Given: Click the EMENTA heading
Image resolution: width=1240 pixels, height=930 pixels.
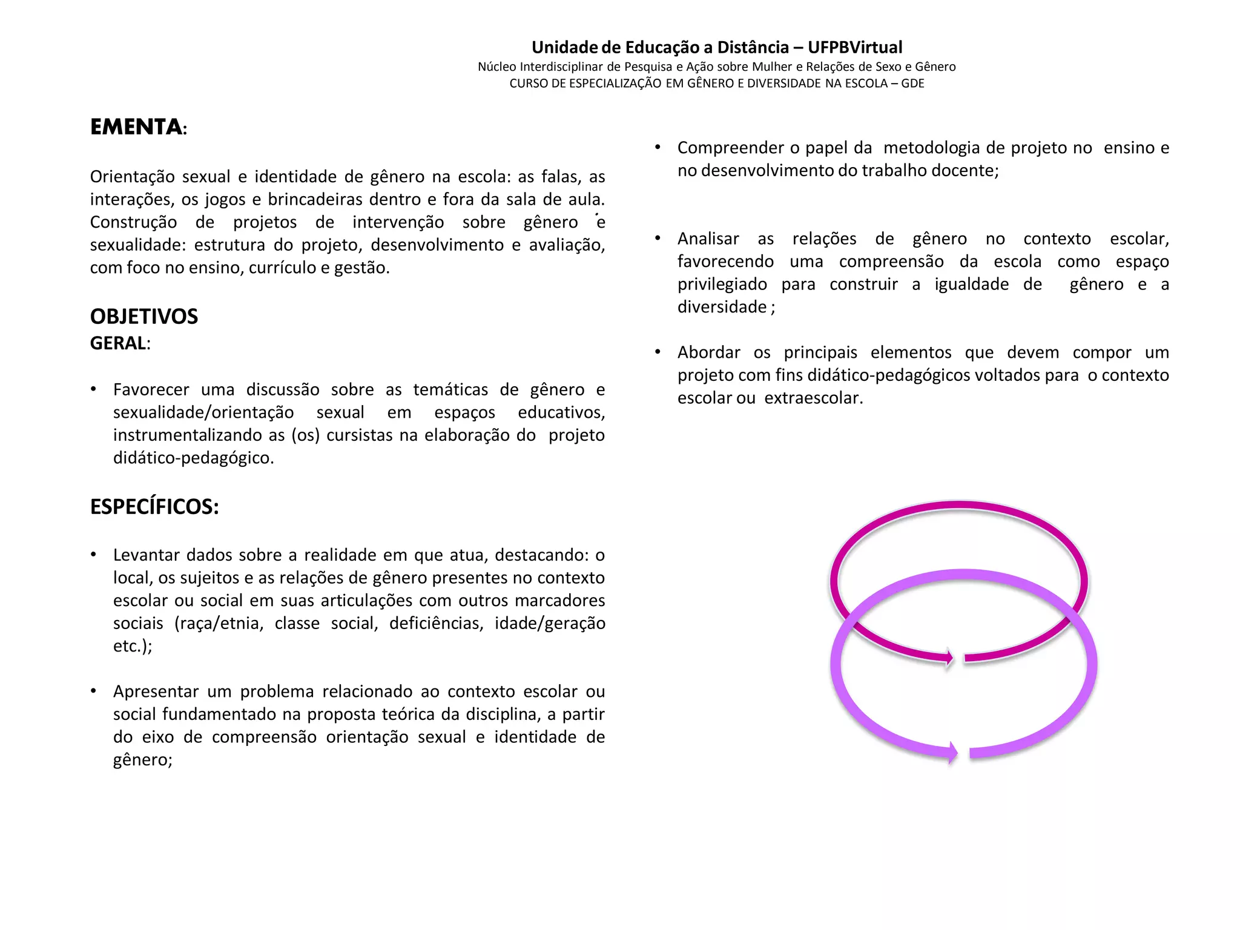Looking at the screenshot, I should [136, 127].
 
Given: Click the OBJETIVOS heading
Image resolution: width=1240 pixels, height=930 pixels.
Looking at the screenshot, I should [144, 316].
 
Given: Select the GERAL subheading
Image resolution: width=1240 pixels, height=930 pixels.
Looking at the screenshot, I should [119, 343].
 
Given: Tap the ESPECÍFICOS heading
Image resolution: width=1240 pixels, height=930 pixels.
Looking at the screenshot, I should [154, 507].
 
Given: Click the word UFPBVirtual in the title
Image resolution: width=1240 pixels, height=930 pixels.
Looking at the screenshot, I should [855, 47].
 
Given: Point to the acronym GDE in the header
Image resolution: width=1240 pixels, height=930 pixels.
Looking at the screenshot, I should [912, 84].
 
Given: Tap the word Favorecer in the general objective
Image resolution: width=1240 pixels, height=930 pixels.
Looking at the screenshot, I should [151, 389].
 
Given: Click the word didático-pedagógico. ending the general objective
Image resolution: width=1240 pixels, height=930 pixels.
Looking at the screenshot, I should [194, 458].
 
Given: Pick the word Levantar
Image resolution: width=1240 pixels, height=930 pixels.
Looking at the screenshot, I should [146, 555].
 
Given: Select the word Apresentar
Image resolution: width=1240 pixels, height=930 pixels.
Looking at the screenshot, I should [154, 691].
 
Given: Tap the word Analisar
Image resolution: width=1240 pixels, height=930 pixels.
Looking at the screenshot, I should [708, 239].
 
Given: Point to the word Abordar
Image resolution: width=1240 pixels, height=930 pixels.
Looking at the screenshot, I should [709, 352].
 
